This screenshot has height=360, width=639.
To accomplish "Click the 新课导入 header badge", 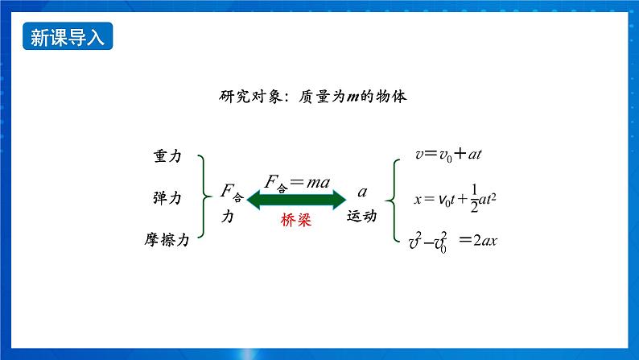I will point(67,37).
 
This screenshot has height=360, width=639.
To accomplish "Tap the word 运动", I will point(361,217).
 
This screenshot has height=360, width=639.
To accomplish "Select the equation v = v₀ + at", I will point(448,153).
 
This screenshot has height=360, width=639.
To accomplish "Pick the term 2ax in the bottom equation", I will point(484,239).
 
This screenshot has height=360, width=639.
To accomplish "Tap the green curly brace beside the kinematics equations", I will point(394,197).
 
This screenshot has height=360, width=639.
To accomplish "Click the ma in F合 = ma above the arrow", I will point(319,183).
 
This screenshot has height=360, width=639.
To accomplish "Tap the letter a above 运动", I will point(362,192).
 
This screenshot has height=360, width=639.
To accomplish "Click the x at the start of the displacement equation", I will point(418,198).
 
